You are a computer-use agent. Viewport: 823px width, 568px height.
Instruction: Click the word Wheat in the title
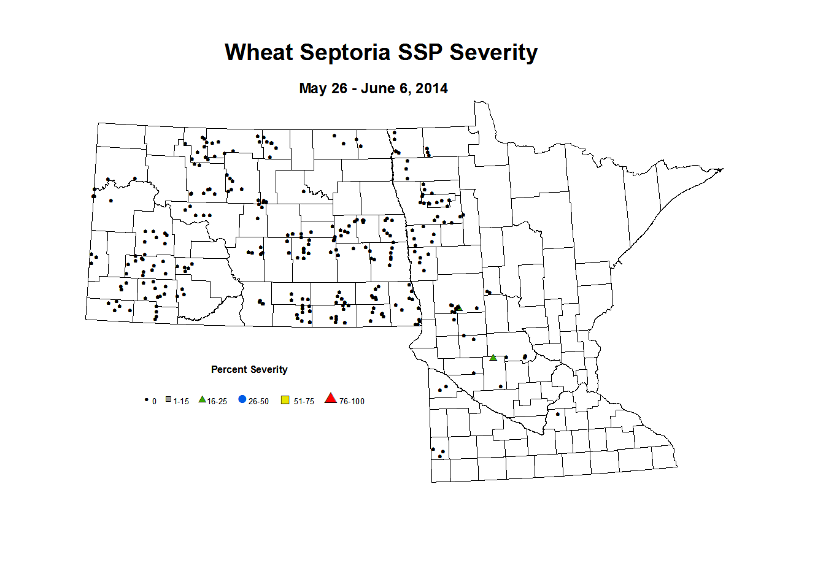click(258, 53)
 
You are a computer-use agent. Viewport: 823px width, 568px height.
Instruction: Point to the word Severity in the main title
click(493, 53)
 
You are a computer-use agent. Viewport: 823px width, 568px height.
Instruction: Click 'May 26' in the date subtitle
click(323, 88)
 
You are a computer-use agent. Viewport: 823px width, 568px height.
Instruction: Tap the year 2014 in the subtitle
click(431, 88)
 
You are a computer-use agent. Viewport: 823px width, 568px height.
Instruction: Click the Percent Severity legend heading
click(249, 369)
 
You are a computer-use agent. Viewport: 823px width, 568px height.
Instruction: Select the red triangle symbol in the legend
click(331, 399)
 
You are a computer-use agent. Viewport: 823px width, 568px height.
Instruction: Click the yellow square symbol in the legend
click(285, 400)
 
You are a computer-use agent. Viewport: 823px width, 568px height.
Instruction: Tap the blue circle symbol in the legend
click(242, 399)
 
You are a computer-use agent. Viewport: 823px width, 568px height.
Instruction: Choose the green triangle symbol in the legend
click(202, 399)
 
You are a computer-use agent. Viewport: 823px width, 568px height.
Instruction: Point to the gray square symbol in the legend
click(168, 400)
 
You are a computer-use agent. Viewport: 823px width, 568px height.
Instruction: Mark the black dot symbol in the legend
click(146, 400)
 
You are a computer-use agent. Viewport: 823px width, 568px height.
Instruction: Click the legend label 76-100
click(352, 401)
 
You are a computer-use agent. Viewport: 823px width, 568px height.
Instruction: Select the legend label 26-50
click(258, 401)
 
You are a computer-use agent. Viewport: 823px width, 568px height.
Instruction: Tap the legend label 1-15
click(181, 401)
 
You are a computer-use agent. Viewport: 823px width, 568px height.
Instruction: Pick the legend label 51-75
click(304, 401)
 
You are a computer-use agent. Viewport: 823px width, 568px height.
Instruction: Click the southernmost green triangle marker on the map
click(493, 357)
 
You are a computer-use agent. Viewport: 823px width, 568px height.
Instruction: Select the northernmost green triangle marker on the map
click(458, 307)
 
